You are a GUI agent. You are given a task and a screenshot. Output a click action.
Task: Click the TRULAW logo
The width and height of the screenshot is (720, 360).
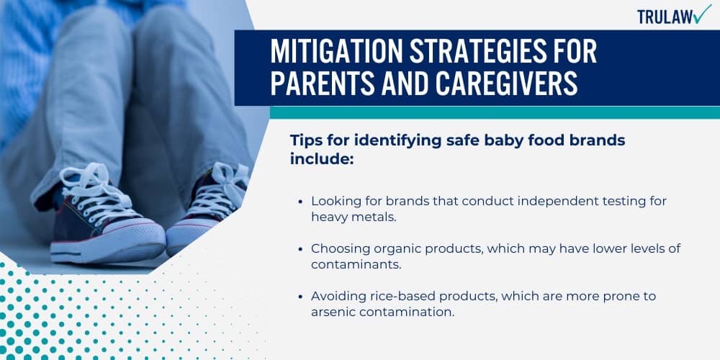[x=674, y=15]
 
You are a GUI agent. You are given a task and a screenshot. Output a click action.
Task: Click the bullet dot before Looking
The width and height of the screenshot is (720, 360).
[x=300, y=202]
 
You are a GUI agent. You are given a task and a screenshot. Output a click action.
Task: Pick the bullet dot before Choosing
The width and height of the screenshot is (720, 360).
[x=300, y=248]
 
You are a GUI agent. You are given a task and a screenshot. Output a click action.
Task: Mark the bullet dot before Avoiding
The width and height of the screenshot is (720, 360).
[x=300, y=296]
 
